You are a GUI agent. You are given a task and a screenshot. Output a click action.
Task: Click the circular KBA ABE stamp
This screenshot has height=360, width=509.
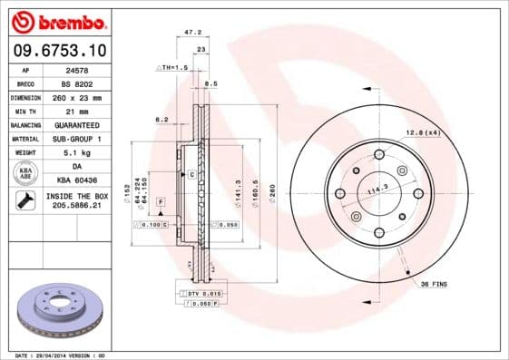pyautogui.click(x=24, y=173)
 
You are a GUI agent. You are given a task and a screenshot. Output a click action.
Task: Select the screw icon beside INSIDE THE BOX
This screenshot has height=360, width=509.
pyautogui.click(x=24, y=201)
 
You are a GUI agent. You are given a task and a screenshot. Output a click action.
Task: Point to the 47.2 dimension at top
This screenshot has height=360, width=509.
pyautogui.click(x=192, y=32)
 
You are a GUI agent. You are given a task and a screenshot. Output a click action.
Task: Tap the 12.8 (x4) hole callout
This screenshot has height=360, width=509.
pyautogui.click(x=421, y=132)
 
